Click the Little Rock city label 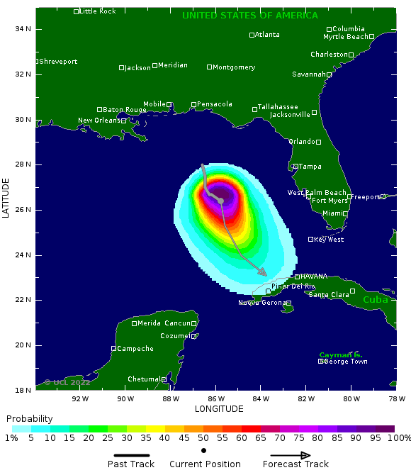pyautogui.click(x=97, y=11)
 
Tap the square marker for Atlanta pyautogui.click(x=252, y=35)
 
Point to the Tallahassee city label pyautogui.click(x=278, y=107)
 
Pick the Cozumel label pyautogui.click(x=174, y=336)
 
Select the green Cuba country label pyautogui.click(x=376, y=300)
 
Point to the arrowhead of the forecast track pyautogui.click(x=263, y=273)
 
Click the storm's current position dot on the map pyautogui.click(x=221, y=201)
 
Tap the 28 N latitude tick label pyautogui.click(x=23, y=164)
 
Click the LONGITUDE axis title pyautogui.click(x=219, y=409)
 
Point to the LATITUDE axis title pyautogui.click(x=6, y=198)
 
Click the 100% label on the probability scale pyautogui.click(x=399, y=438)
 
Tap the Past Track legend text pyautogui.click(x=130, y=464)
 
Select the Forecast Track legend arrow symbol pyautogui.click(x=291, y=456)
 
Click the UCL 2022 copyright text pyautogui.click(x=67, y=382)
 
